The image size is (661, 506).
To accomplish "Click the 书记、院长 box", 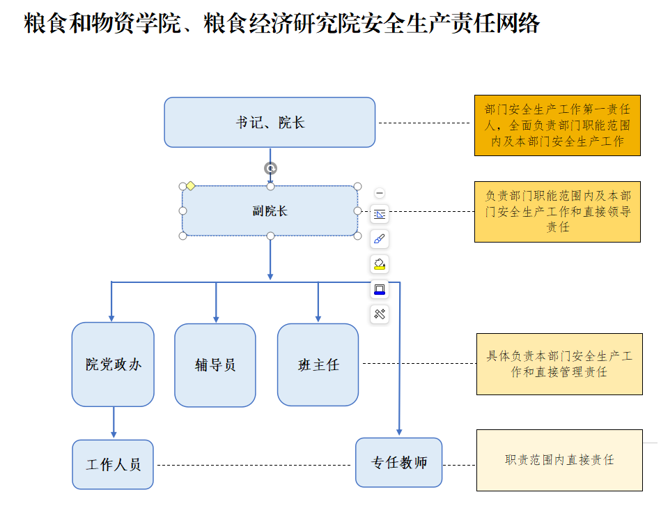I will pyautogui.click(x=270, y=123).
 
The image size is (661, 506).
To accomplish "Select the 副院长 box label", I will pyautogui.click(x=270, y=210).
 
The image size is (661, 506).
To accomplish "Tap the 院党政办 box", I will pyautogui.click(x=113, y=364).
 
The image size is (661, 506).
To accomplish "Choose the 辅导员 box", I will pyautogui.click(x=215, y=365).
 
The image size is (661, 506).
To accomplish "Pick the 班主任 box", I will pyautogui.click(x=318, y=365).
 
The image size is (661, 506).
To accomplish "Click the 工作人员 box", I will pyautogui.click(x=113, y=464).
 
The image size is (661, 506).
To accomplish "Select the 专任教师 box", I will pyautogui.click(x=398, y=463).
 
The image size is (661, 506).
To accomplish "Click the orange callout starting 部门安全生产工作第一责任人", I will pyautogui.click(x=557, y=125).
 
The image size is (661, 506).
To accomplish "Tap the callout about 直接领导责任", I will pyautogui.click(x=557, y=212).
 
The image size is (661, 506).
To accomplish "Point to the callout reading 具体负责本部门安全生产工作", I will pyautogui.click(x=559, y=364).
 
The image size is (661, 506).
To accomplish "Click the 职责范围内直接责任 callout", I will pyautogui.click(x=559, y=460).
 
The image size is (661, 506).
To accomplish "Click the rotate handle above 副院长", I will pyautogui.click(x=270, y=168).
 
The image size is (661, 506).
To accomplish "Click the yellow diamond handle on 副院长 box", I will pyautogui.click(x=190, y=186).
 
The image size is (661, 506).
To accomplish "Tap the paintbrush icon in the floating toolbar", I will pyautogui.click(x=380, y=239).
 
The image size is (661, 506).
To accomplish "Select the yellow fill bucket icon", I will pyautogui.click(x=380, y=264).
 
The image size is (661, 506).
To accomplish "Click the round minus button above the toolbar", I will pyautogui.click(x=380, y=193).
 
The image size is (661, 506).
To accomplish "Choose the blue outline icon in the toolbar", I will pyautogui.click(x=380, y=289).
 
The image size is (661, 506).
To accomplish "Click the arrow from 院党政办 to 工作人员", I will pyautogui.click(x=113, y=422).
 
